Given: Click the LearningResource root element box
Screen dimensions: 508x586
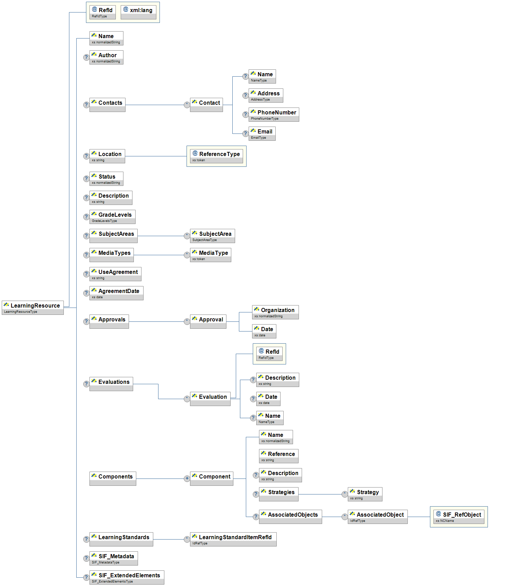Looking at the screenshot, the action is coord(33,308).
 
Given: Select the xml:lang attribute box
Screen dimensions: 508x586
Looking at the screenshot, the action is coord(138,12).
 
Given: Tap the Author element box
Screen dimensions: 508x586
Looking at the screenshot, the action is coord(106,57).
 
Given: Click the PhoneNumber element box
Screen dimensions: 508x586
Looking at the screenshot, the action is coord(274,114).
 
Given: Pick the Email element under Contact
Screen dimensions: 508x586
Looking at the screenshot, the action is coord(262,133).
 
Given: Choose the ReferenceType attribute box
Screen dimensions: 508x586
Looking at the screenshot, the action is coord(216,156).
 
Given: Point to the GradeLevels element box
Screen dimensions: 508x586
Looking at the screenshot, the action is coord(112,217).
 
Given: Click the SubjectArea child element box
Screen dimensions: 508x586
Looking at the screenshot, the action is coord(212,236).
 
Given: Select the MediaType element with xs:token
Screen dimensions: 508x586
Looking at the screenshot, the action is coord(210,255).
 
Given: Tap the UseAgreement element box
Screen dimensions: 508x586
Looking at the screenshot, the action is coord(115,274).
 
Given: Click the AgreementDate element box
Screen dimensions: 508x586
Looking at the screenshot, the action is coord(116,293).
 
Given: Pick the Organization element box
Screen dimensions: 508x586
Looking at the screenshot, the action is coord(275,312).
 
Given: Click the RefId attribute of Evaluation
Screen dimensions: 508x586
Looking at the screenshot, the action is coord(269,354).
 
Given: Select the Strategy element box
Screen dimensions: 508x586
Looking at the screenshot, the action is coord(365,494).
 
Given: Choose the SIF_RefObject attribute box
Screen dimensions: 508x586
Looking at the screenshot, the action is coord(459,517).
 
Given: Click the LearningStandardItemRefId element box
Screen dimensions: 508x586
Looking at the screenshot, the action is coord(233,539).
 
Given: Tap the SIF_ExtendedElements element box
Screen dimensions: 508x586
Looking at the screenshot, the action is coord(127,577).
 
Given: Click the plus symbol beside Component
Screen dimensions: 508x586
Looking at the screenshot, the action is coord(187,479).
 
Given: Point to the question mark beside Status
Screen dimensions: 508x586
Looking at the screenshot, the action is coord(86,179).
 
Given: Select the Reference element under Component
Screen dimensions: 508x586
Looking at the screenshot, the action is coord(278,456).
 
